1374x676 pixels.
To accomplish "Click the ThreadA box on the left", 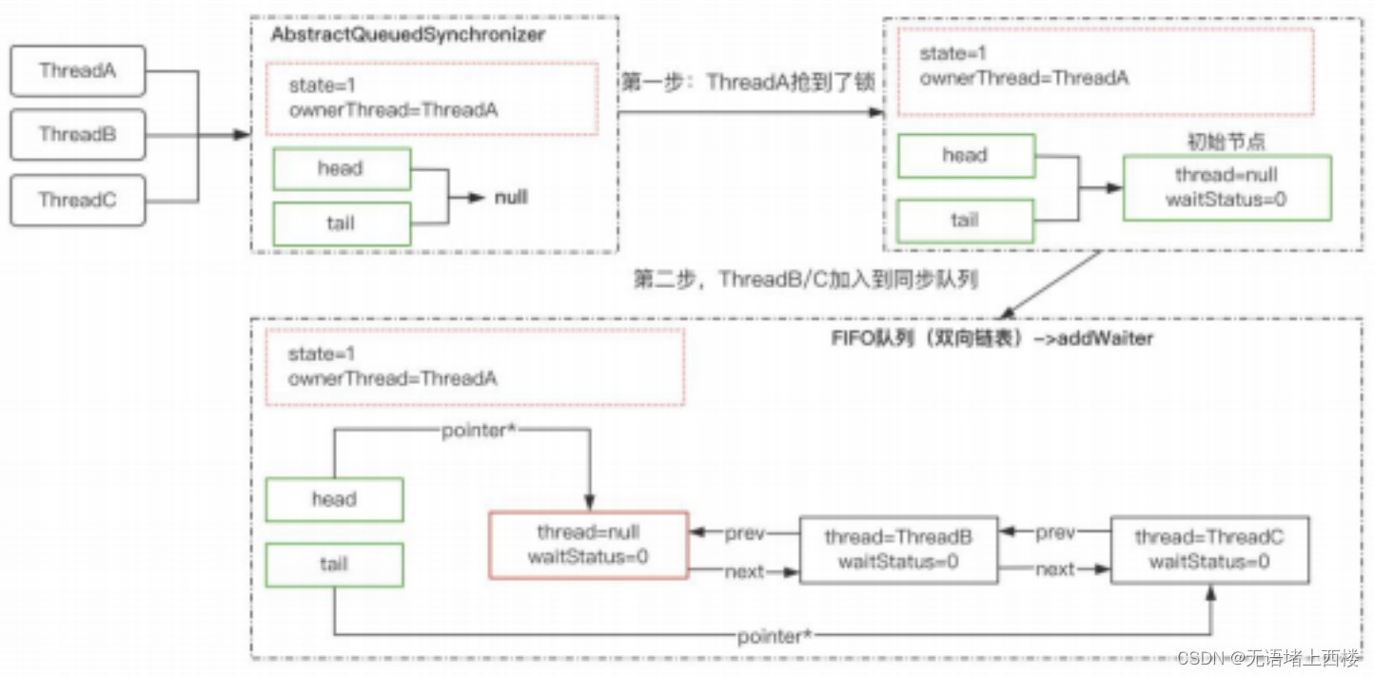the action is (78, 71).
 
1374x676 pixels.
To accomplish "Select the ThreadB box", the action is (78, 135).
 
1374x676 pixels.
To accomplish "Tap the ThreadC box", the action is (78, 200).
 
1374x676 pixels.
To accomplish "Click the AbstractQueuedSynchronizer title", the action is (408, 34).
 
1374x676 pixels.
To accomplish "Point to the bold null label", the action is (511, 198).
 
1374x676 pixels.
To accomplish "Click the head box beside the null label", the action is (342, 168).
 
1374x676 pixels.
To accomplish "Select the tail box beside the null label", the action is (342, 223).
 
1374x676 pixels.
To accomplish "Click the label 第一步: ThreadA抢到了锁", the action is (748, 82).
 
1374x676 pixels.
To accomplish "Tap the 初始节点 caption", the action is (1227, 142).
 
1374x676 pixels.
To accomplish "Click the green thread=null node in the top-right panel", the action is (1227, 187).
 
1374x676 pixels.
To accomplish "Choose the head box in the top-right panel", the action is (966, 156).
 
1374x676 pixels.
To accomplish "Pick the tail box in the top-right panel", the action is (966, 221).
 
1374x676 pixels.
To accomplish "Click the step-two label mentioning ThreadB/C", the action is (805, 280).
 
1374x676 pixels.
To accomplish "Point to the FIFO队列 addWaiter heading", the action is (991, 338).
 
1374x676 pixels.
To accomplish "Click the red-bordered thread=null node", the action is (588, 545).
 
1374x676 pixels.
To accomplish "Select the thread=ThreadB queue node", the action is (898, 550).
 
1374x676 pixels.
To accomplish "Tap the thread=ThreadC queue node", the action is (1209, 550).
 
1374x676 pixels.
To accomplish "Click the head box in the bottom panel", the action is (334, 499).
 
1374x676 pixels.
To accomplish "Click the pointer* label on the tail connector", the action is (775, 636).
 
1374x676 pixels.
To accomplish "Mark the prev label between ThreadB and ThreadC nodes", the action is (1055, 532).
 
